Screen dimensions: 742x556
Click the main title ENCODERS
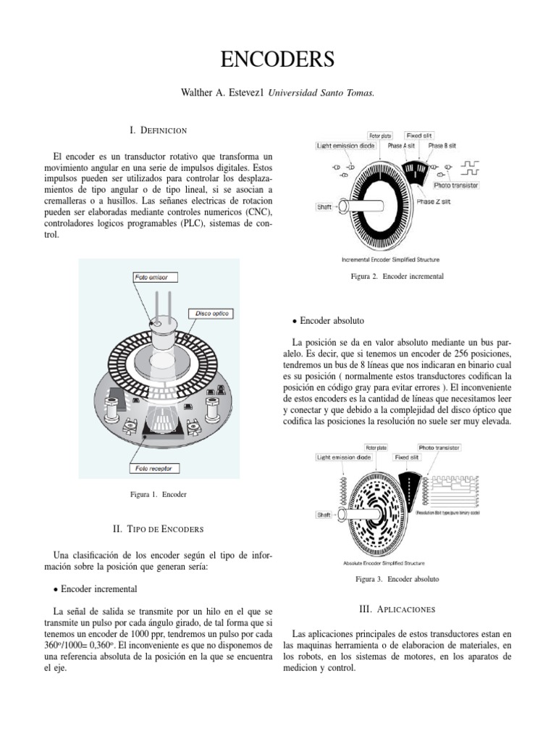tap(278, 59)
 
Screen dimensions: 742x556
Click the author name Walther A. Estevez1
tap(226, 93)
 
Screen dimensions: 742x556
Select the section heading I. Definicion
tap(159, 130)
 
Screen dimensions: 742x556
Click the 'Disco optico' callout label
tap(211, 313)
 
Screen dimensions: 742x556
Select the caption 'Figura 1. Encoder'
tap(158, 494)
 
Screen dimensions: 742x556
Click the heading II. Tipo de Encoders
tap(158, 529)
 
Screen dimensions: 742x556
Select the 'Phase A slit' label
tap(401, 145)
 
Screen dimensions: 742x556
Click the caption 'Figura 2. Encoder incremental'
tap(397, 277)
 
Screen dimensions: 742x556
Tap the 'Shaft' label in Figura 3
tap(324, 514)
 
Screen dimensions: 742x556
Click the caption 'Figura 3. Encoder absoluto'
tap(397, 580)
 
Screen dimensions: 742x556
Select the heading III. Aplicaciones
tap(397, 609)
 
